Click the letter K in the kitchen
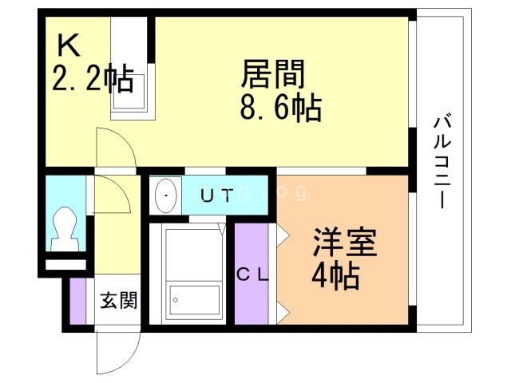tap(69, 45)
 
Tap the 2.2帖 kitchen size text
tap(93, 77)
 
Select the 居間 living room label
tap(273, 74)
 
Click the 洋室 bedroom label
tap(345, 243)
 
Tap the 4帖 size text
tap(335, 276)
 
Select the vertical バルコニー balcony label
tap(442, 162)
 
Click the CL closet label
tap(253, 275)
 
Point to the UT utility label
tap(217, 196)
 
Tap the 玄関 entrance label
tap(119, 300)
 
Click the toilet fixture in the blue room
tap(65, 229)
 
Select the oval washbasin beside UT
tap(166, 195)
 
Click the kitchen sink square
tap(129, 92)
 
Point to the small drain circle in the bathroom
tap(176, 300)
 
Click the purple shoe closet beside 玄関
tap(78, 301)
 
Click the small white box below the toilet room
tap(65, 265)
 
